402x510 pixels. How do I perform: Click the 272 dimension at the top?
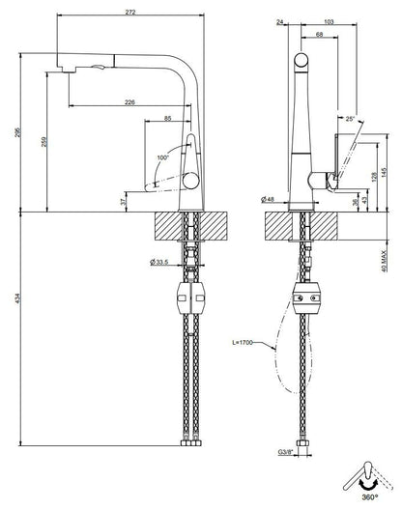coord(130,13)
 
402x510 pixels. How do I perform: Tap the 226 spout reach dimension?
coord(129,102)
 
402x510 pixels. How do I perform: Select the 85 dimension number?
coord(167,119)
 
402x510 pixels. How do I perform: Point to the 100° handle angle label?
coord(163,157)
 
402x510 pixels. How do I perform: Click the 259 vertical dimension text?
coord(43,141)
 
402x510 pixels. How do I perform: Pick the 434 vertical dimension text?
coord(17,298)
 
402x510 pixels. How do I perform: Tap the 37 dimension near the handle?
coord(123,202)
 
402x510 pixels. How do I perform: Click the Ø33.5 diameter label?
coord(159,262)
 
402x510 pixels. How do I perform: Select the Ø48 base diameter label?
coord(268,199)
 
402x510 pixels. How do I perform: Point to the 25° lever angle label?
coord(350,119)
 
